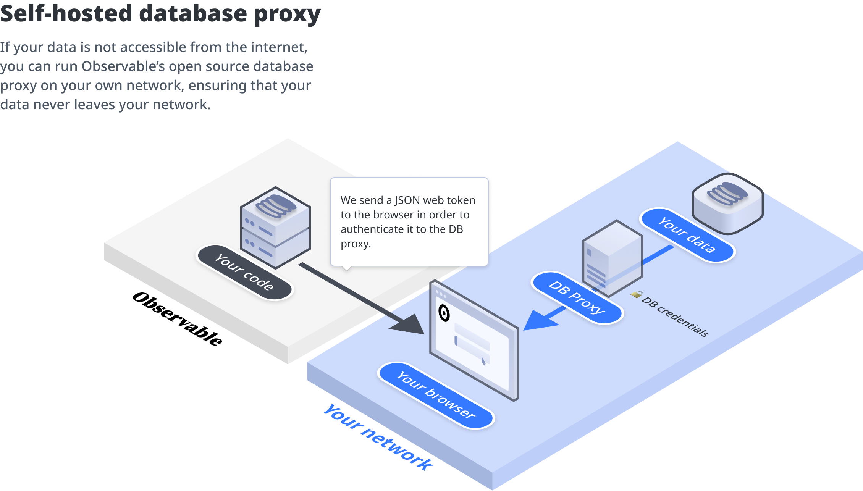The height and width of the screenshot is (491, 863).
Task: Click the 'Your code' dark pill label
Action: (244, 272)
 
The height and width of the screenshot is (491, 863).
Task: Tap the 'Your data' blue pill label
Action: (687, 235)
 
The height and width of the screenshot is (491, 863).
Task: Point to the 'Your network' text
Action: (378, 438)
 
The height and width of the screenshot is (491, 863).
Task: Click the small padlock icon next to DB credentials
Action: (636, 294)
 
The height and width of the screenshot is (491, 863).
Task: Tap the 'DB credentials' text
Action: (675, 317)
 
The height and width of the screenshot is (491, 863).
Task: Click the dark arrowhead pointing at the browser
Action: (410, 325)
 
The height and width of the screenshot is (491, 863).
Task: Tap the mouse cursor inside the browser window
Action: (483, 361)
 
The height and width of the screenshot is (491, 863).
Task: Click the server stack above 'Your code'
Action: (275, 227)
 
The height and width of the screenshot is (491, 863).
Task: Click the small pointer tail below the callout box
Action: (347, 268)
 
